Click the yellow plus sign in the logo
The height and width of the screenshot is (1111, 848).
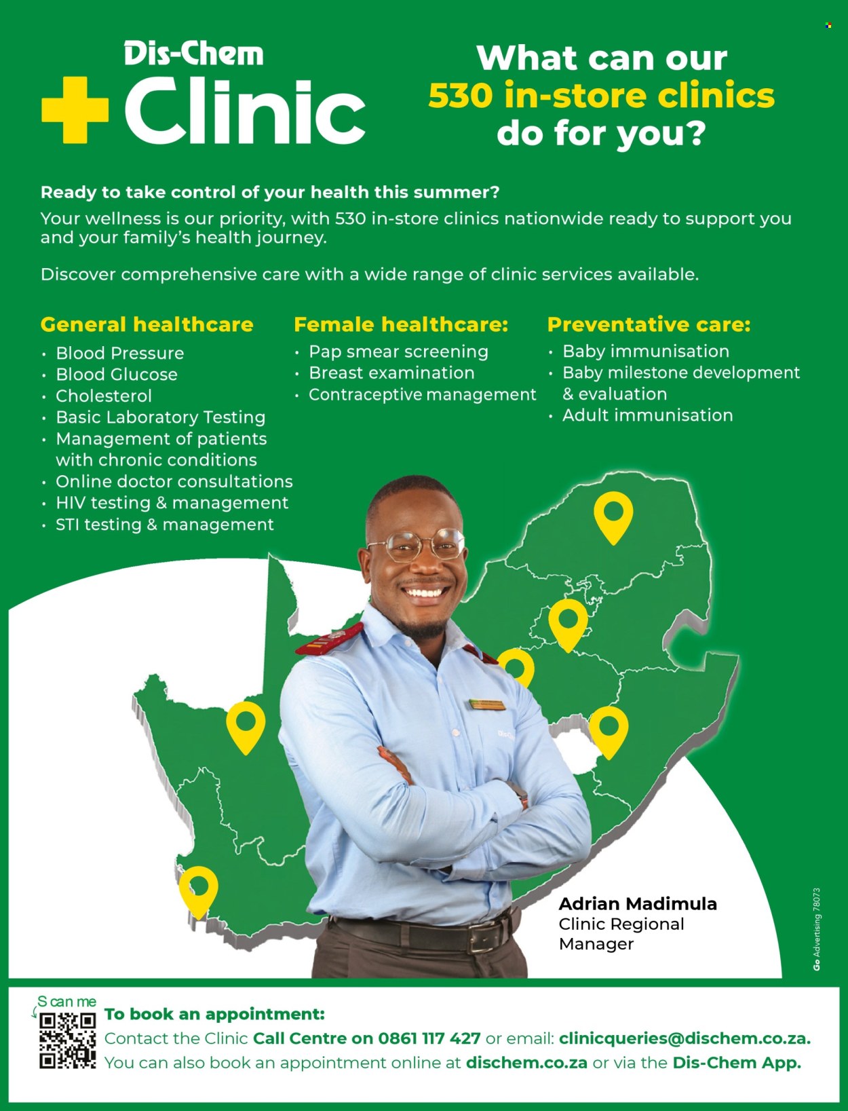coord(75,110)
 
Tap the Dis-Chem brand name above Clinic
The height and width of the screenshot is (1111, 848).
coord(194,54)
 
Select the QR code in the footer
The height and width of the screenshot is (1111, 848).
coord(67,1040)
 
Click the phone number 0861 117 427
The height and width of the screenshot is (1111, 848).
coord(429,1038)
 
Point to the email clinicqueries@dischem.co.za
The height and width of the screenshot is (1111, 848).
coord(685,1038)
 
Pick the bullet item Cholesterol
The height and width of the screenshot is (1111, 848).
coord(104,396)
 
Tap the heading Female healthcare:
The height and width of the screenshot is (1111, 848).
coord(401,324)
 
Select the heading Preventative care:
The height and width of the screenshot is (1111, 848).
coord(649,324)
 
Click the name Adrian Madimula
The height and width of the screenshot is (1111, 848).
coord(638,903)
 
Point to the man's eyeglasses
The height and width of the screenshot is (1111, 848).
coord(416,545)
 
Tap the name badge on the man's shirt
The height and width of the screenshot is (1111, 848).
coord(486,704)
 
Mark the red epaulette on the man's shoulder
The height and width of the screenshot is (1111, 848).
coord(329,639)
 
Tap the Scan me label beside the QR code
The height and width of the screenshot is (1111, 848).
coord(66,1001)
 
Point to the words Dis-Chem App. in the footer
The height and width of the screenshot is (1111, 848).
coord(737,1062)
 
